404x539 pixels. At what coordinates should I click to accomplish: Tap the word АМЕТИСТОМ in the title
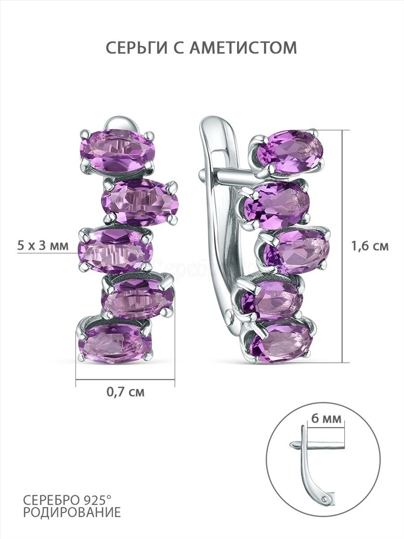click(x=243, y=47)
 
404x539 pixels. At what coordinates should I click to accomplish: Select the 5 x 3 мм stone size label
click(x=43, y=245)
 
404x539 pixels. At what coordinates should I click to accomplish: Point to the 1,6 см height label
click(x=370, y=246)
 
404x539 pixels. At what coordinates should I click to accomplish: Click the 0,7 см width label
click(x=126, y=392)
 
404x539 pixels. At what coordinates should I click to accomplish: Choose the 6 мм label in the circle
click(x=326, y=419)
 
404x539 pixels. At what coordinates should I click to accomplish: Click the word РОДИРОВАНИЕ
click(x=72, y=512)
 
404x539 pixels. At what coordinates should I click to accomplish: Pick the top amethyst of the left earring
click(x=117, y=150)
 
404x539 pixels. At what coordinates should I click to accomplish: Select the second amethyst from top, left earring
click(x=140, y=202)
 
